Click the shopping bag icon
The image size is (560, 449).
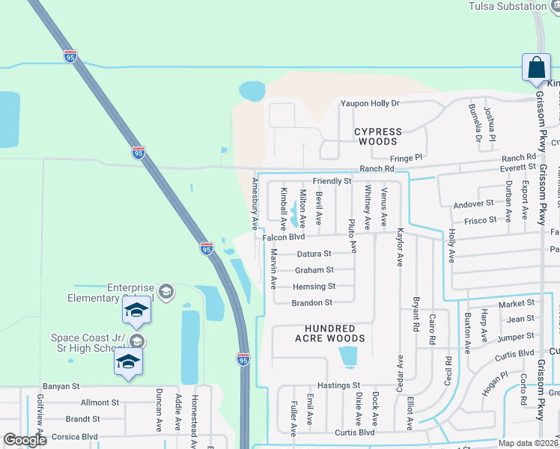537,67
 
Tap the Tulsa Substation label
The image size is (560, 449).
508,7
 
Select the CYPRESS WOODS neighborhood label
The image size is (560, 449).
378,136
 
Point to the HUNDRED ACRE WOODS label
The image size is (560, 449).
335,333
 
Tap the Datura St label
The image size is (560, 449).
314,254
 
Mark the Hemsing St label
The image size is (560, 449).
314,286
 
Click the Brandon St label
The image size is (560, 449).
313,302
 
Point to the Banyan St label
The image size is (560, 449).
61,386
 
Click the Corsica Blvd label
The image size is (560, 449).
71,436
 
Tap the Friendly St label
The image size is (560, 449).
332,181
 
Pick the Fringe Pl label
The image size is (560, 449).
407,158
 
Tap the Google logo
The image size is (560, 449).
25,440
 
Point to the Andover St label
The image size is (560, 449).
474,203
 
